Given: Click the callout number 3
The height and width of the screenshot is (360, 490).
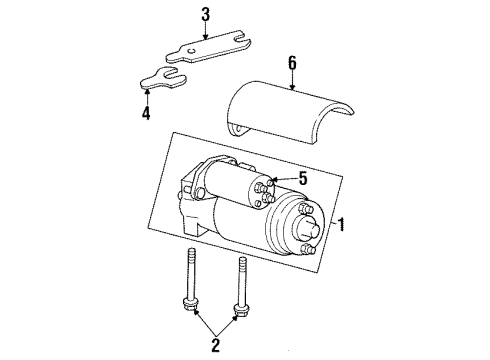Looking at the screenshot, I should (205, 14).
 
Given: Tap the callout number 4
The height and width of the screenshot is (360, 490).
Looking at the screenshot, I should (148, 113).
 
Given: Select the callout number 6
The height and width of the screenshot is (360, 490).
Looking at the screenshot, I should (292, 62).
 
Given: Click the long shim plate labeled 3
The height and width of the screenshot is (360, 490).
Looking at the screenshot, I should (195, 51).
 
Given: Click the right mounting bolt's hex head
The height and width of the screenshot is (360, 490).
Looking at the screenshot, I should (241, 307).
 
